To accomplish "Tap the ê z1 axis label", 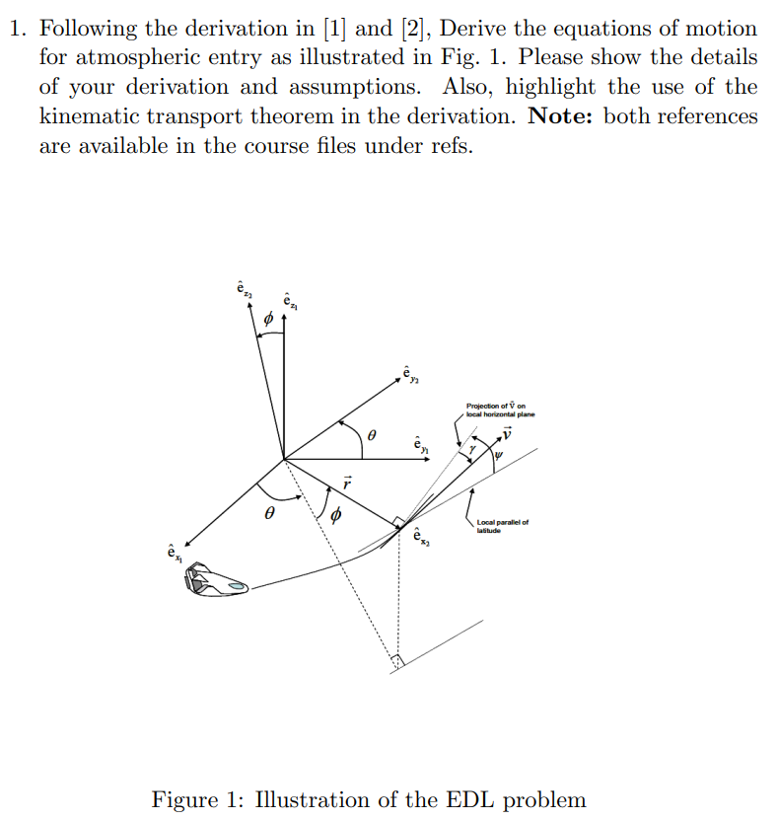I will coord(288,300).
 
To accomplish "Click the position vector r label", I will coord(347,484).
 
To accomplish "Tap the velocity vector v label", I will coord(508,431).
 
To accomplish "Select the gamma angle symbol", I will coord(472,449).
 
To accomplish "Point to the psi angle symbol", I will coord(499,455).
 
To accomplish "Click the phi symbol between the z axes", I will coord(267,320).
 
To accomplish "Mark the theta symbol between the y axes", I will coord(371,434).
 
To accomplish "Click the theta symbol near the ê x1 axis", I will coord(267,514).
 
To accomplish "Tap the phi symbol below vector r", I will coord(335,515).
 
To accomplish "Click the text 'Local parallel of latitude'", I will coord(501,526).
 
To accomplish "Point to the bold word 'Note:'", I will coord(562,116).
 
